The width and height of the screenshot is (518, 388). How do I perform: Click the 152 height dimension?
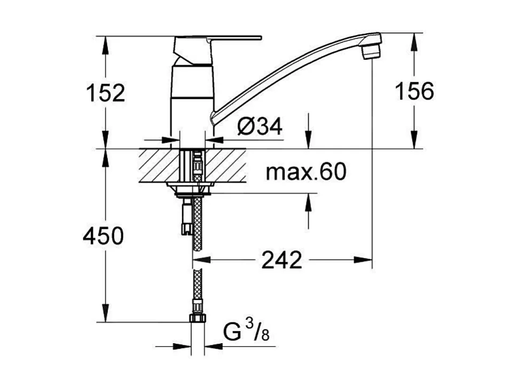(x=105, y=93)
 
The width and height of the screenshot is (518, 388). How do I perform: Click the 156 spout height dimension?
(x=414, y=91)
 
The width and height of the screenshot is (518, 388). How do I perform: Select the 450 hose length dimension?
(x=103, y=235)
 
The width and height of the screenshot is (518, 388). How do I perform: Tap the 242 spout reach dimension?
(x=282, y=260)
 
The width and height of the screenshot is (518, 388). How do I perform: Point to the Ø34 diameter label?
(x=260, y=126)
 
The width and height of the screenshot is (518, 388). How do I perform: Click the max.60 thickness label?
(x=306, y=172)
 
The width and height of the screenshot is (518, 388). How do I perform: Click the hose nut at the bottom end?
(x=197, y=319)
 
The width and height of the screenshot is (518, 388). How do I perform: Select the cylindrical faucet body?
(x=191, y=101)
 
